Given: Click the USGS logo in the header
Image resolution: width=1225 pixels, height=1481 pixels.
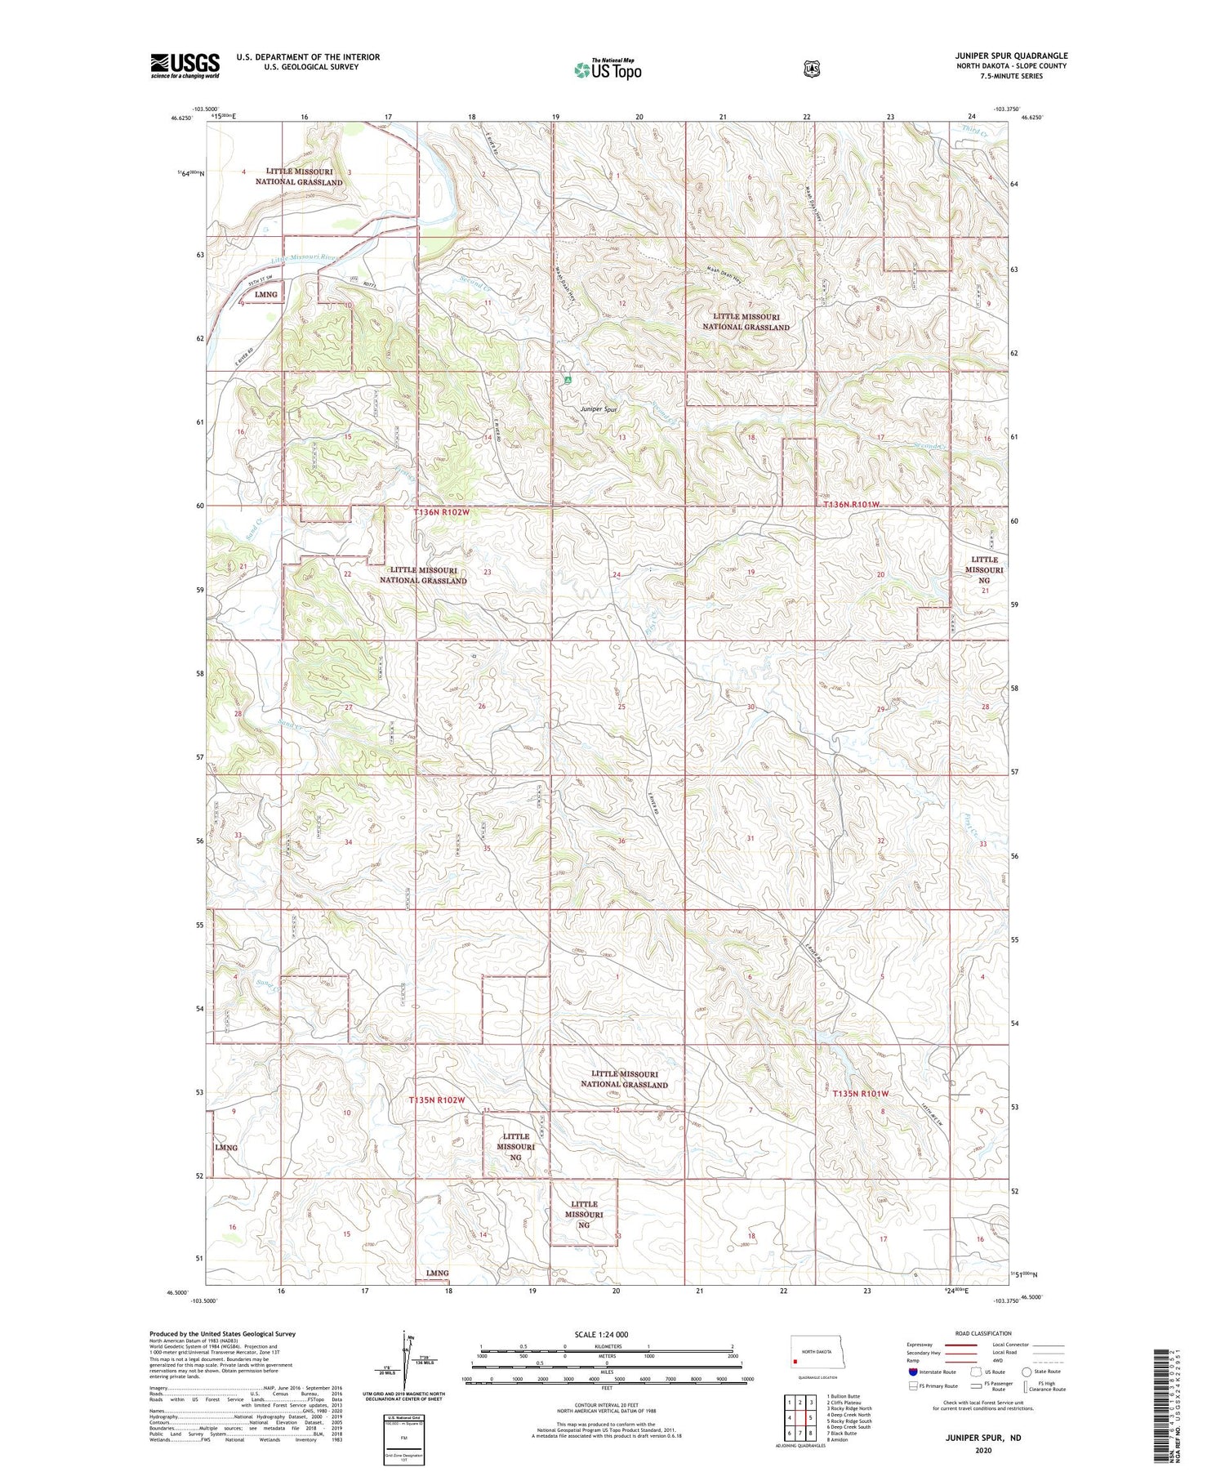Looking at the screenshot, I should pyautogui.click(x=185, y=65).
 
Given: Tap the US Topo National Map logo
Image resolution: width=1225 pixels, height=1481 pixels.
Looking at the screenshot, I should pyautogui.click(x=608, y=69).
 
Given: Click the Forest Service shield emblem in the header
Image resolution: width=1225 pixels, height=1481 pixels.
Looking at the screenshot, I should pyautogui.click(x=811, y=69).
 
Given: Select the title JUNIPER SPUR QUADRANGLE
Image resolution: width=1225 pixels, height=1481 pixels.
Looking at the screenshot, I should pyautogui.click(x=1011, y=56).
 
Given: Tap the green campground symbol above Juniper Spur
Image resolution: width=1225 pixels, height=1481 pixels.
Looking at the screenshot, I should pyautogui.click(x=566, y=380).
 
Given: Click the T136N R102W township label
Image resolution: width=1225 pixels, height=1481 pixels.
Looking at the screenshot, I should pyautogui.click(x=441, y=512).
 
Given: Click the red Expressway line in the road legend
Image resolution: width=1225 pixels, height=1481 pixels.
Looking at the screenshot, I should pyautogui.click(x=961, y=1345).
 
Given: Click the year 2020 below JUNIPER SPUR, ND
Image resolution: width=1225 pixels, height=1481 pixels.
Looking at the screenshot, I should pyautogui.click(x=982, y=1451).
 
